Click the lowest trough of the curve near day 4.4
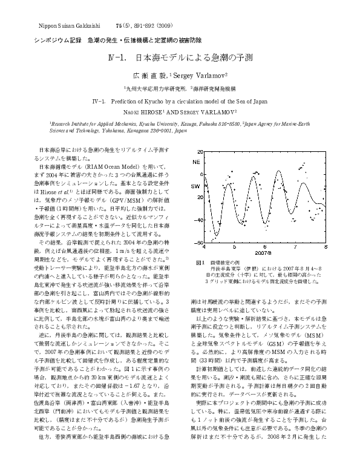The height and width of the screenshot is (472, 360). pyautogui.click(x=215, y=238)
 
